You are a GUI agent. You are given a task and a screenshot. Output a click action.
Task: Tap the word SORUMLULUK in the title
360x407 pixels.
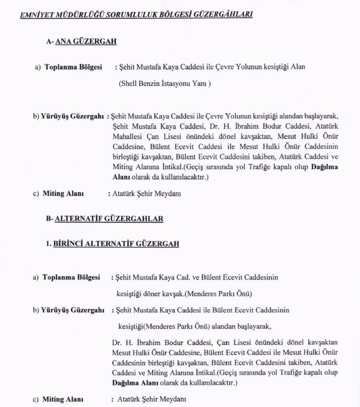[127, 14]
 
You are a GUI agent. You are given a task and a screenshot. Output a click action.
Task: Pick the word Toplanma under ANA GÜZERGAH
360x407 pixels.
[62, 67]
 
